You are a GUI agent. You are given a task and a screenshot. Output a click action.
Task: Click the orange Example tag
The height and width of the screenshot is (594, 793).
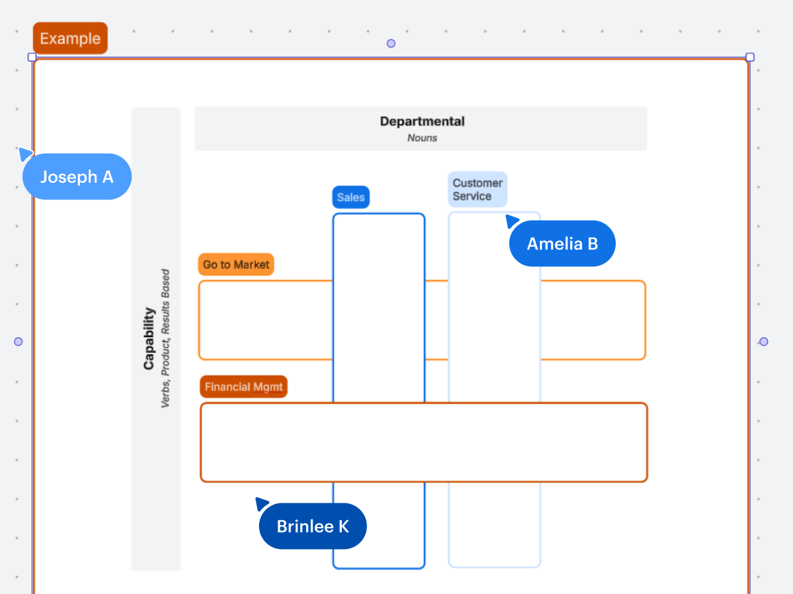click(x=70, y=38)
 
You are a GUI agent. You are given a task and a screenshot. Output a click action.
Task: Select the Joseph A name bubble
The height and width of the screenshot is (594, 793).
click(x=77, y=177)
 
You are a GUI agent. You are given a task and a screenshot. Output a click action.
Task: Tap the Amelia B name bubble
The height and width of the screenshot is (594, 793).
click(x=562, y=243)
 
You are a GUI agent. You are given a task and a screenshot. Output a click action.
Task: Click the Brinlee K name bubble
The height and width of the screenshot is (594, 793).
click(x=312, y=526)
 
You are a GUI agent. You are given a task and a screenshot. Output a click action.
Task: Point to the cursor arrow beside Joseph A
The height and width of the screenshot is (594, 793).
click(x=25, y=153)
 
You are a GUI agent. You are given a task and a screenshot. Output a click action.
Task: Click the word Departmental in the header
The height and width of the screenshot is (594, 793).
click(x=422, y=122)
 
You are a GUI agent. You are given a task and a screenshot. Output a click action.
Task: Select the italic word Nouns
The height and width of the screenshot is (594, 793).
click(x=422, y=138)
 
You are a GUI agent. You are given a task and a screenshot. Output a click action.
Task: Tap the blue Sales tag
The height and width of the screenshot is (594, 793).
click(x=351, y=197)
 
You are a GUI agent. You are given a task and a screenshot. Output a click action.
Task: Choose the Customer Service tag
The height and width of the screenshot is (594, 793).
click(x=477, y=189)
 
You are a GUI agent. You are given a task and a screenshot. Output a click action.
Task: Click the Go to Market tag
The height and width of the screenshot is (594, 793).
click(x=236, y=264)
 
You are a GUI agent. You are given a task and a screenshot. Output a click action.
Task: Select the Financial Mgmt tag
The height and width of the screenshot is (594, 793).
click(x=243, y=386)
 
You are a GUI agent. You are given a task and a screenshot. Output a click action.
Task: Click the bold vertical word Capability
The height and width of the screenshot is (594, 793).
click(x=149, y=339)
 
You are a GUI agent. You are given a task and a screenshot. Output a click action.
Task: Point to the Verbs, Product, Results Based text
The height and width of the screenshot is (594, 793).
click(x=165, y=339)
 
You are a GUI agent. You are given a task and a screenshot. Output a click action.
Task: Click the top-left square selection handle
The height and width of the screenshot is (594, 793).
click(x=32, y=57)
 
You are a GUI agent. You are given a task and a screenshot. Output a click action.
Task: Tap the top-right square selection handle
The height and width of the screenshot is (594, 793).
click(x=750, y=57)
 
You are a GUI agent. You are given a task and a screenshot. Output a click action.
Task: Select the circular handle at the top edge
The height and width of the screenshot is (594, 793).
click(x=391, y=44)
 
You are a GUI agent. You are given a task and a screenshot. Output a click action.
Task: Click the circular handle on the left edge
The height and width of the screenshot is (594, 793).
click(x=18, y=341)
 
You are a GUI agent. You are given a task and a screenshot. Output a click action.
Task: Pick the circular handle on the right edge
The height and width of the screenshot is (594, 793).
click(x=764, y=341)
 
